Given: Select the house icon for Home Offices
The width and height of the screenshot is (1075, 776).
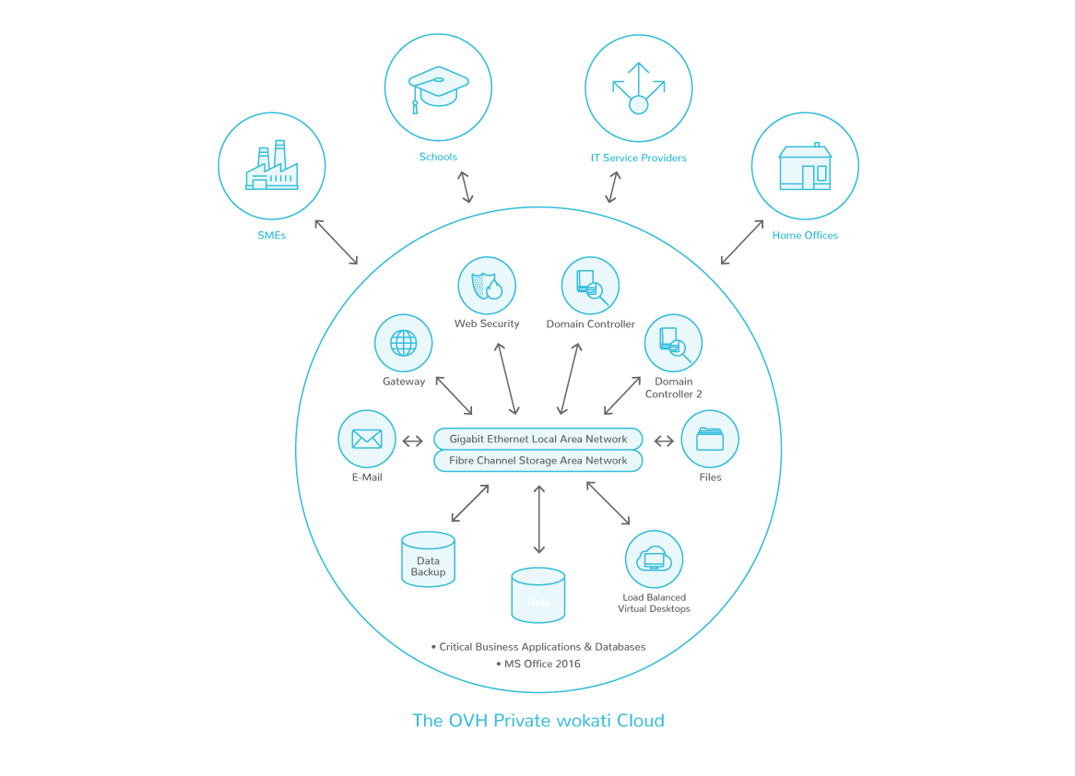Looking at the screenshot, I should point(805,167).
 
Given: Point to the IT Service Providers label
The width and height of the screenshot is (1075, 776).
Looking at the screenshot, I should point(638,158).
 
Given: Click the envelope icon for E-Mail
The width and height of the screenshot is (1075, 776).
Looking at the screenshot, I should point(367,439).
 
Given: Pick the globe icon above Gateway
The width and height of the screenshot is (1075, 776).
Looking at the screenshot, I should point(403,343).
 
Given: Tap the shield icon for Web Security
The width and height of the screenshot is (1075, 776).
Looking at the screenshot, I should point(487,286).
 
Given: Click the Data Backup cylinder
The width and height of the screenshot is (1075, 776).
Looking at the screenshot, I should point(428,559).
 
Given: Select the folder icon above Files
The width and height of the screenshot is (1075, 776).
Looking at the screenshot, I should point(710,439).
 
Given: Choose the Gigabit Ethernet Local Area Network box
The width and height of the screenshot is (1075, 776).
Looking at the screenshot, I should point(538,439).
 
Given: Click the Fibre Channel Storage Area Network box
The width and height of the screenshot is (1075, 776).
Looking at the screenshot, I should point(538,461).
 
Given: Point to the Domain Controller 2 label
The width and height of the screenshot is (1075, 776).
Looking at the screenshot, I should point(673,388).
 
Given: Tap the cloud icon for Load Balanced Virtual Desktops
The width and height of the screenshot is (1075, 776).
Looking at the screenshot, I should point(654,558).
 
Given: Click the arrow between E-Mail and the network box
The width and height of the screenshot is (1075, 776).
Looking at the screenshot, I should point(413,441).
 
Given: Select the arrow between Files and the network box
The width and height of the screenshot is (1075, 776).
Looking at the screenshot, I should point(664,441).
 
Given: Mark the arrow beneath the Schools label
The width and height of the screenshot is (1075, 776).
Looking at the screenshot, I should point(466,186).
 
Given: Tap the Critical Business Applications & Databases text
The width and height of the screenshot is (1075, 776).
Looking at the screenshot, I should point(542,647).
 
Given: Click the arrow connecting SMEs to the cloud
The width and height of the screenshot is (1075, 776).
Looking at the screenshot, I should point(336,242).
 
